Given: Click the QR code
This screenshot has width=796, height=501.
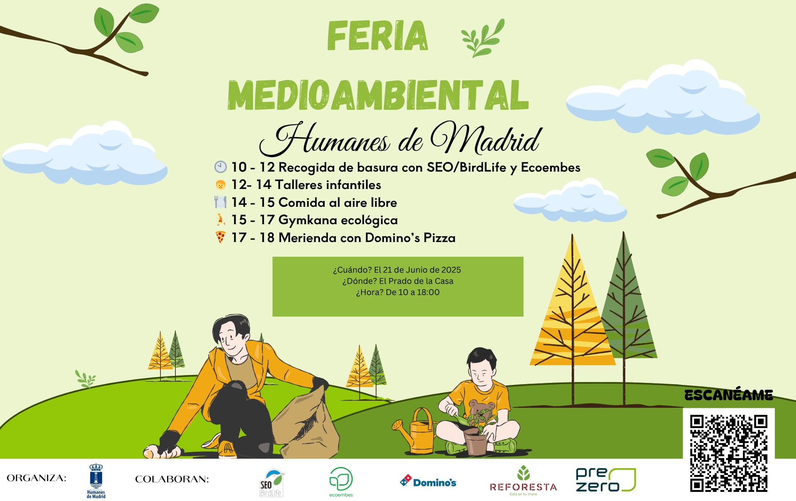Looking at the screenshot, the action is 728,453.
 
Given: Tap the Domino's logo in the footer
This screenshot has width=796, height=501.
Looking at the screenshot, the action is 428,482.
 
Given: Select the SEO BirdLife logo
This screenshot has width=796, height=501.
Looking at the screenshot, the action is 272,483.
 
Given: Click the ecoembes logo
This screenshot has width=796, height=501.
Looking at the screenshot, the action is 341,482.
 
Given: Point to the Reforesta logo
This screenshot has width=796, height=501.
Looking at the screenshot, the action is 523,481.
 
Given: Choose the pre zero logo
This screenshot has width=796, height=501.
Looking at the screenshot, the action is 606,480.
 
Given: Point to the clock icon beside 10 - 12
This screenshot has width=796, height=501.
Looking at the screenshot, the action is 221,167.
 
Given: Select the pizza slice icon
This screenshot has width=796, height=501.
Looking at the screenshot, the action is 221,237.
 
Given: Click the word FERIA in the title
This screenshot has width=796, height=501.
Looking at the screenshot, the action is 377,36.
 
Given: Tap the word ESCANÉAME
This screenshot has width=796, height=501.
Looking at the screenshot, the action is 728,395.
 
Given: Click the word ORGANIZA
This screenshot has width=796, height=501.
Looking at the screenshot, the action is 36,478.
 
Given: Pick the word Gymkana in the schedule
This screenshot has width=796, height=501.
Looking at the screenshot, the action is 307,220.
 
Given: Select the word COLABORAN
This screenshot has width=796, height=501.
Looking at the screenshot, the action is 172,479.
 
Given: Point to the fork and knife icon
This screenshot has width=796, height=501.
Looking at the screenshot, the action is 220,202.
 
